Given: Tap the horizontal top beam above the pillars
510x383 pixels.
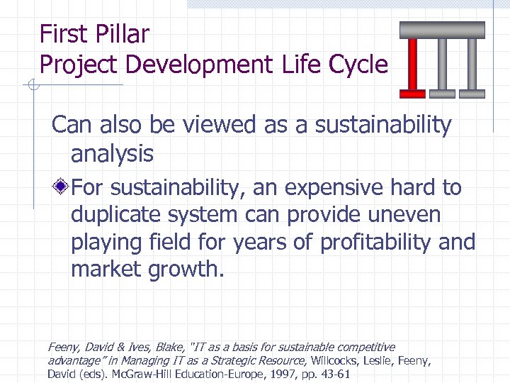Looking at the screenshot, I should point(442,30).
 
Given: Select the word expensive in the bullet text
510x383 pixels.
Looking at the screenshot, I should point(330,188).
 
